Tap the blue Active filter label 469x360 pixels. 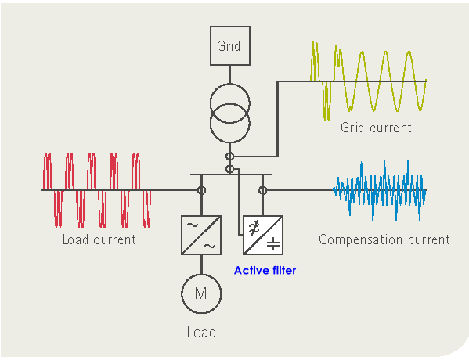pyautogui.click(x=265, y=270)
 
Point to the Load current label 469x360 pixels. pyautogui.click(x=99, y=239)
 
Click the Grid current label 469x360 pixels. pyautogui.click(x=376, y=128)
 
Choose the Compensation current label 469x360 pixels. pyautogui.click(x=384, y=239)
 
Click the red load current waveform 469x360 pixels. pyautogui.click(x=97, y=190)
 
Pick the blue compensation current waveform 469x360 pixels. pyautogui.click(x=379, y=190)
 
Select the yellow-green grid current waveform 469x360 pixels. pyautogui.click(x=368, y=81)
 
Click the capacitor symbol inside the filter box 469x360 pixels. pyautogui.click(x=273, y=243)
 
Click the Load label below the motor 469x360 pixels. pyautogui.click(x=201, y=332)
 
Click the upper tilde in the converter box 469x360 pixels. pyautogui.click(x=192, y=225)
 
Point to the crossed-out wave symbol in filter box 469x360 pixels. pyautogui.click(x=254, y=228)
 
